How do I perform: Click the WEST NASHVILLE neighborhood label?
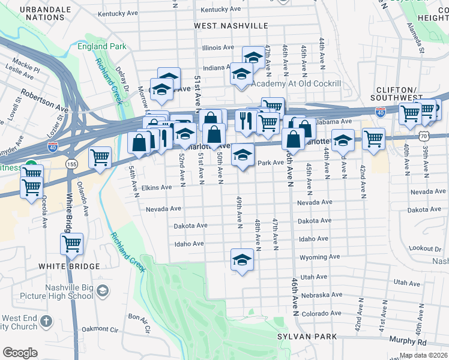(231, 26)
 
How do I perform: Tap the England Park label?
(101, 46)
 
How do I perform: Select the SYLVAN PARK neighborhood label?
(307, 337)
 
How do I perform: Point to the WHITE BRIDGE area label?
(61, 266)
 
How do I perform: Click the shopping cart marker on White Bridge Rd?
(71, 244)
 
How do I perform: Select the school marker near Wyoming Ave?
(242, 259)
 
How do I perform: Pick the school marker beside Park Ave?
(243, 154)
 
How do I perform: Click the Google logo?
(20, 353)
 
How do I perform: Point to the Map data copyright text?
(423, 355)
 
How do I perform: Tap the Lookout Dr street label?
(425, 248)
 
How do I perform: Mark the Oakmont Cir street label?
(99, 329)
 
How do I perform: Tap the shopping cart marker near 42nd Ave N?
(373, 139)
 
